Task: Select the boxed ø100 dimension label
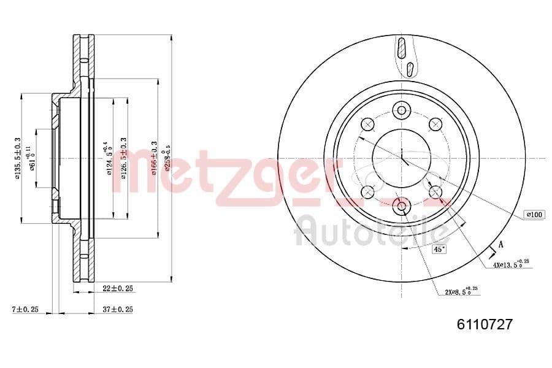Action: point(534,215)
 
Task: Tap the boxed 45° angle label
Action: point(440,250)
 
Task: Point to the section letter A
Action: point(500,245)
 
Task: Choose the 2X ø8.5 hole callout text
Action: point(462,291)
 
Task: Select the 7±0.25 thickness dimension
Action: point(25,309)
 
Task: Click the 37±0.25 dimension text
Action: point(118,309)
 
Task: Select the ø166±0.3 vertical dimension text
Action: point(154,158)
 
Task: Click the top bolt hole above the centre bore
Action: point(402,110)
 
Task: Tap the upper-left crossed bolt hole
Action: point(368,125)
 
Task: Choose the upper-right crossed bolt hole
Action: point(436,125)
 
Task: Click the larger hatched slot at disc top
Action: point(402,48)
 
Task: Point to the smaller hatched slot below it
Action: point(410,67)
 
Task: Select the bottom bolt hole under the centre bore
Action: point(402,206)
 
